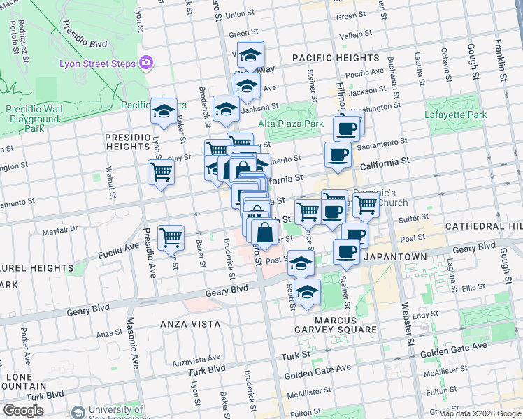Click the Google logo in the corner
[x=23, y=411]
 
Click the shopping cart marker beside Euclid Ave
[x=171, y=238]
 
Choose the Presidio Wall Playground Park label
[x=34, y=119]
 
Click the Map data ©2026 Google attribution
[x=479, y=413]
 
